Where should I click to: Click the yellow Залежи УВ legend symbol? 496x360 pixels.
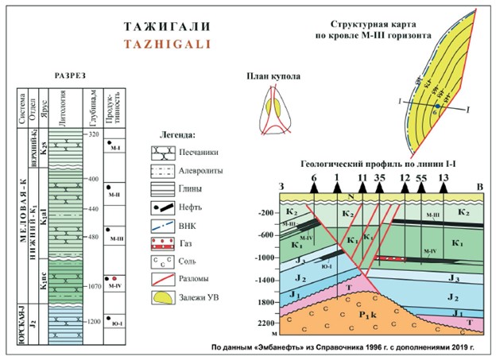[164, 297]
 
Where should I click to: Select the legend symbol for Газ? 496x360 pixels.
[164, 241]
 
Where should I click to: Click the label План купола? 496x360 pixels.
[271, 77]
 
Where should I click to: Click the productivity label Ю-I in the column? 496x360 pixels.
[115, 324]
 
